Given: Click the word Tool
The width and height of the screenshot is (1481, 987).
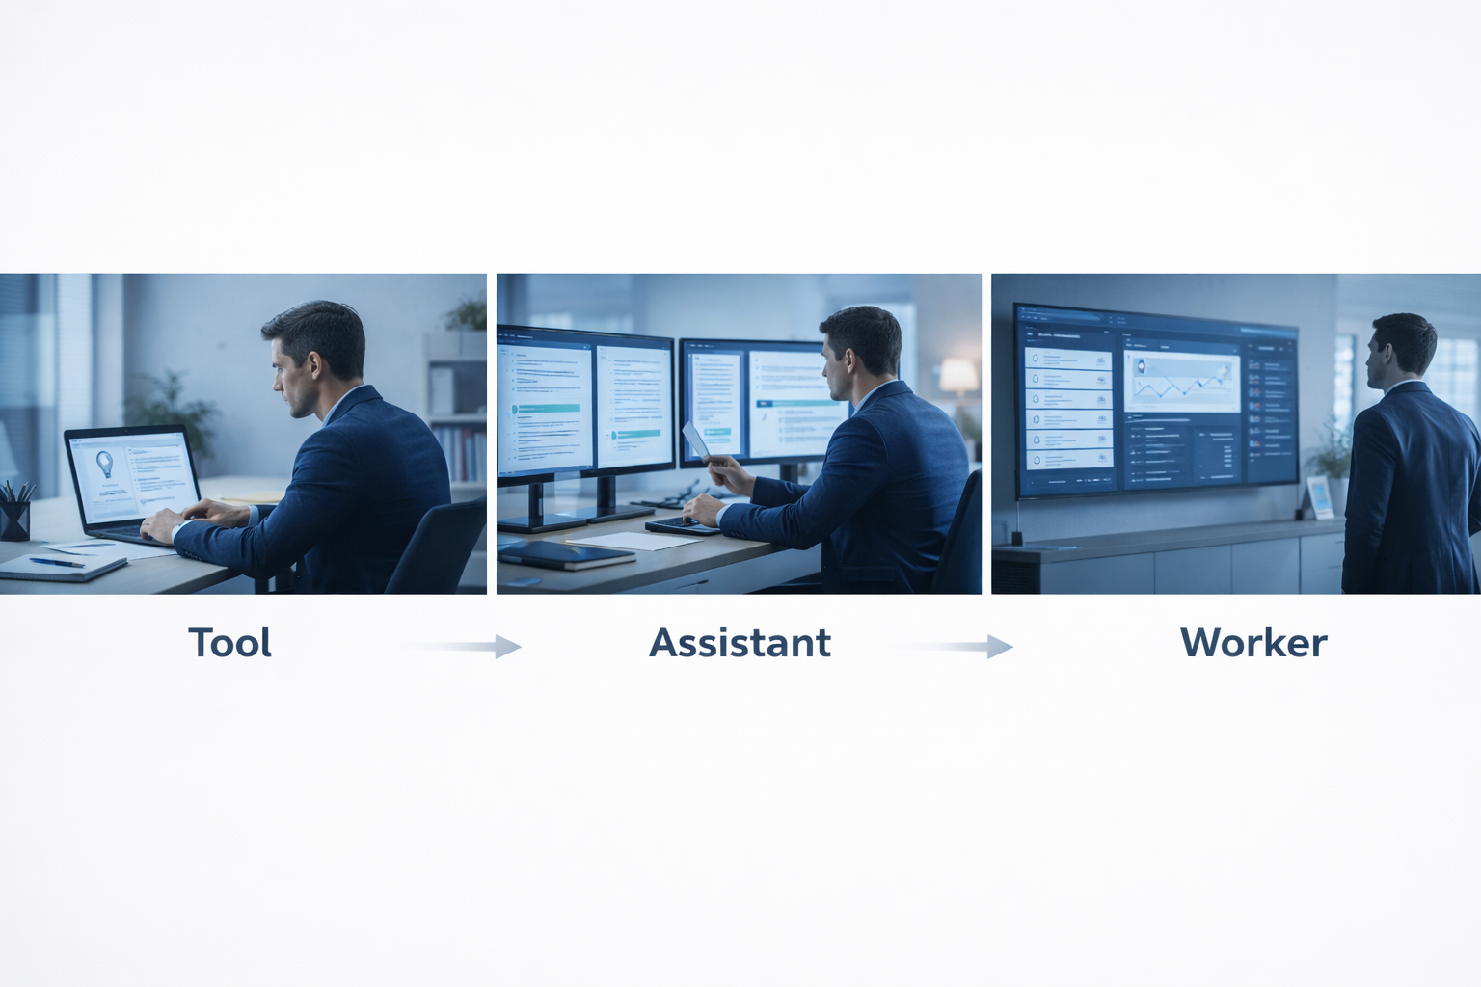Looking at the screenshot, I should (229, 643).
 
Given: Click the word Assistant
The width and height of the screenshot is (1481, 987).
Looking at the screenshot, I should (740, 643).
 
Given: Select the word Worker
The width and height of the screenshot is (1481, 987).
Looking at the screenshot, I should (1252, 643).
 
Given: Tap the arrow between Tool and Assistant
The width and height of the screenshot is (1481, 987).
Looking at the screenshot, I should (463, 646).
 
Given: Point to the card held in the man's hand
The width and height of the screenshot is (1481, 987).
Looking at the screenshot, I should (695, 440).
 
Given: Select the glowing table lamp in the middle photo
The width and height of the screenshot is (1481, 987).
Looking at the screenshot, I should (957, 377).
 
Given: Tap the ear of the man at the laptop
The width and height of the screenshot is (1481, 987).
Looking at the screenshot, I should (314, 366).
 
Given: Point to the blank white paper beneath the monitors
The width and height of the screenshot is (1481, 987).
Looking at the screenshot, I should (636, 541).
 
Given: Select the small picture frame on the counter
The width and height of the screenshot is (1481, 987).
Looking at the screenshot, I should (1319, 496).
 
